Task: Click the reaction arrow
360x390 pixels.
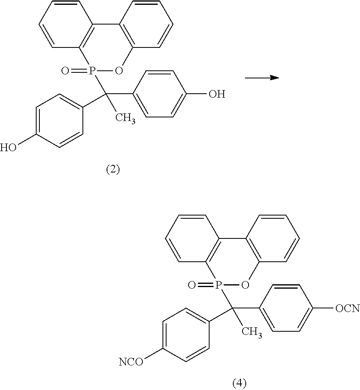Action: tap(262, 78)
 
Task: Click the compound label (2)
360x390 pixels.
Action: tap(113, 169)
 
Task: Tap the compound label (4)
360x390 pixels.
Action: tap(239, 382)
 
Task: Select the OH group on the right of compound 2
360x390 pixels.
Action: tap(216, 95)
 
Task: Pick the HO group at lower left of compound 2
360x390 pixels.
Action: tap(8, 148)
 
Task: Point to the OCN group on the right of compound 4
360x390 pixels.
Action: tap(346, 308)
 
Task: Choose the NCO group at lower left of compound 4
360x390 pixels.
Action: tap(131, 362)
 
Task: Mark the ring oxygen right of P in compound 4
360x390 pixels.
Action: tap(245, 285)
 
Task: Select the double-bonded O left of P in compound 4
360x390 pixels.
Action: tap(191, 285)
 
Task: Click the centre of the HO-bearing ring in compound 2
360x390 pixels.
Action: tap(59, 121)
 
